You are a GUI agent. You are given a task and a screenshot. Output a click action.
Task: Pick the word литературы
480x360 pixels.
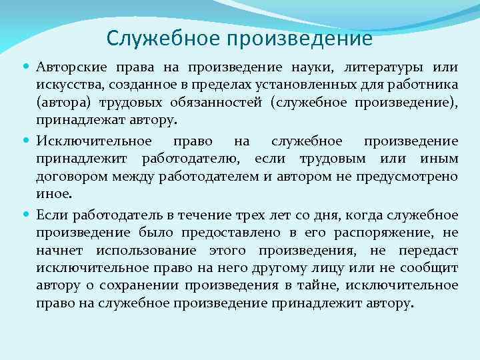tap(377, 68)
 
